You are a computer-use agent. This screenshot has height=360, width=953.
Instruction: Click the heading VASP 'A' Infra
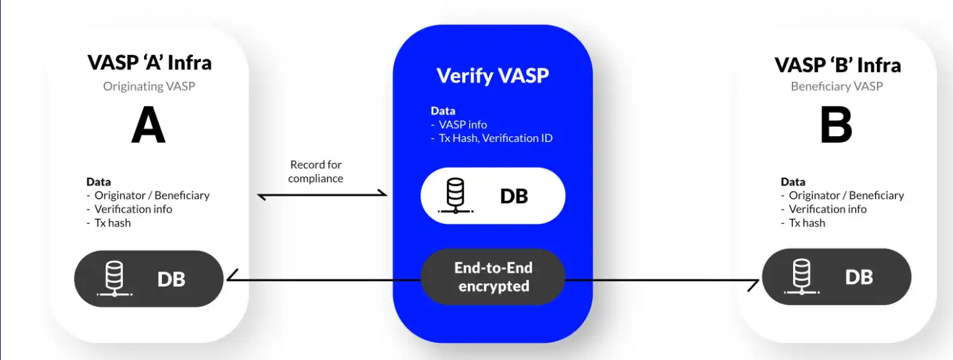point(149,63)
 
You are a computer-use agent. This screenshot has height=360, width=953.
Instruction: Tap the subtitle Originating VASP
point(149,87)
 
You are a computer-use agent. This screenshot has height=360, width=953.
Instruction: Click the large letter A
point(148,125)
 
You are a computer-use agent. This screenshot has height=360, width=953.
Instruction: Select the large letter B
point(836,125)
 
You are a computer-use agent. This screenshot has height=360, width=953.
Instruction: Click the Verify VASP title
point(492,76)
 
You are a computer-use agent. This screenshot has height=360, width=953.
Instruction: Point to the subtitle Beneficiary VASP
point(837,87)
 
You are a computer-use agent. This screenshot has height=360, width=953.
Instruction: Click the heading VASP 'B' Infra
point(838,65)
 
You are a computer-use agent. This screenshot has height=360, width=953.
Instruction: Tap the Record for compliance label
point(316,171)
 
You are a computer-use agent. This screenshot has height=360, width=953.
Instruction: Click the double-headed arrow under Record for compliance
point(322,195)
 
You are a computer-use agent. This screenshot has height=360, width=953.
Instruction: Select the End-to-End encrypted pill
point(493,277)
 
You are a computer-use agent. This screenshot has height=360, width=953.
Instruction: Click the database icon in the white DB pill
point(455,196)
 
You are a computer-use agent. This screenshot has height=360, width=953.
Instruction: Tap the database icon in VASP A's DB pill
point(114,279)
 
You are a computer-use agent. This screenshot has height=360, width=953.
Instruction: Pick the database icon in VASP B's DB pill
point(802,277)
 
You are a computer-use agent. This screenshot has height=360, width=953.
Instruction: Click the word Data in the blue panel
point(443,111)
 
